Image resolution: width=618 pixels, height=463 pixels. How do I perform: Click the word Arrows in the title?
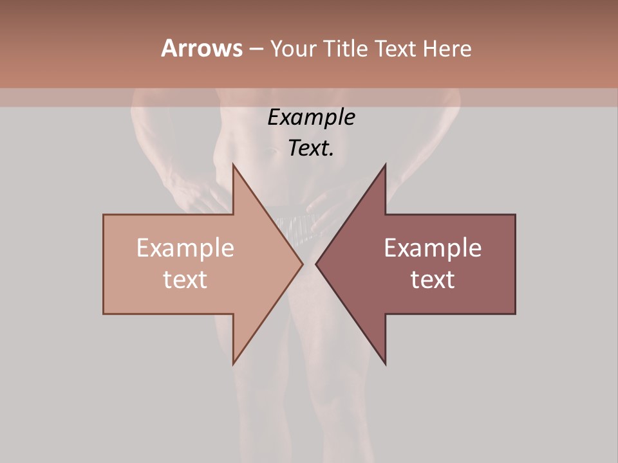[201, 48]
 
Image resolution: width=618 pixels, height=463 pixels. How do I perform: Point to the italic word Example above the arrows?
[311, 117]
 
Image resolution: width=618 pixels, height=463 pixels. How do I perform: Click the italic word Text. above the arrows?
[311, 148]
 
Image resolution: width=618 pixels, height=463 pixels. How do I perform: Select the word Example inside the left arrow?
[185, 248]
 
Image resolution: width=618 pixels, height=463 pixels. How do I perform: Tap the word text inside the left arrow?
[185, 279]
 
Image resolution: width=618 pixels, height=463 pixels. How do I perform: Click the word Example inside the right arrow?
[433, 248]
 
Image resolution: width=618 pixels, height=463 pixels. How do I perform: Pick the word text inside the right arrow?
[433, 279]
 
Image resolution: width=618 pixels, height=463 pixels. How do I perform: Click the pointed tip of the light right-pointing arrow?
[303, 264]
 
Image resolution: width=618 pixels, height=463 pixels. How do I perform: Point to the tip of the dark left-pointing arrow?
[316, 264]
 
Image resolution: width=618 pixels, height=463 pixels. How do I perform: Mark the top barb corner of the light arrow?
[233, 165]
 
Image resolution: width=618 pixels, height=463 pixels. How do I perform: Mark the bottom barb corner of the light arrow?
[233, 364]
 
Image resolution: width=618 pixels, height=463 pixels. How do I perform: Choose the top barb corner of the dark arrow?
[386, 165]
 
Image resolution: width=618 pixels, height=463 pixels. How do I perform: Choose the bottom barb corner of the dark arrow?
[386, 364]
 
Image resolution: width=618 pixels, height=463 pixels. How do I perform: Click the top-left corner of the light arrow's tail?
[104, 215]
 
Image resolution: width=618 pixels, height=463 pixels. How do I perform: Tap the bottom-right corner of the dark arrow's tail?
[515, 314]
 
